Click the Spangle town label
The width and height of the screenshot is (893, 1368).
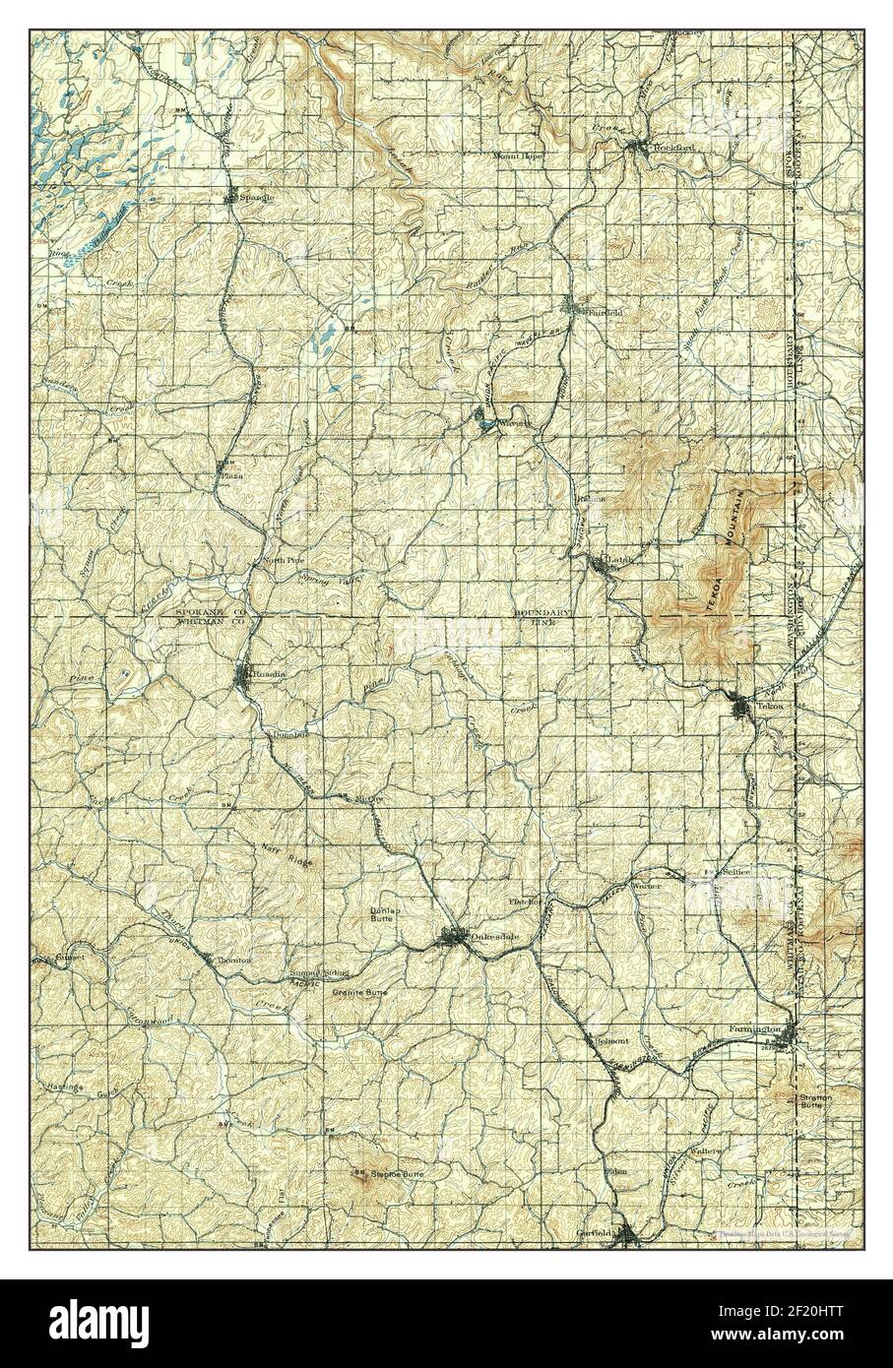point(253,197)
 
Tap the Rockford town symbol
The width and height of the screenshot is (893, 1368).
point(639,149)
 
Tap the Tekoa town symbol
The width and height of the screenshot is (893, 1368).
point(739,706)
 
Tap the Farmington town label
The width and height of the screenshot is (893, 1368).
point(754,1029)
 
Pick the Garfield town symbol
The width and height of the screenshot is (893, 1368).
point(628,1235)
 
